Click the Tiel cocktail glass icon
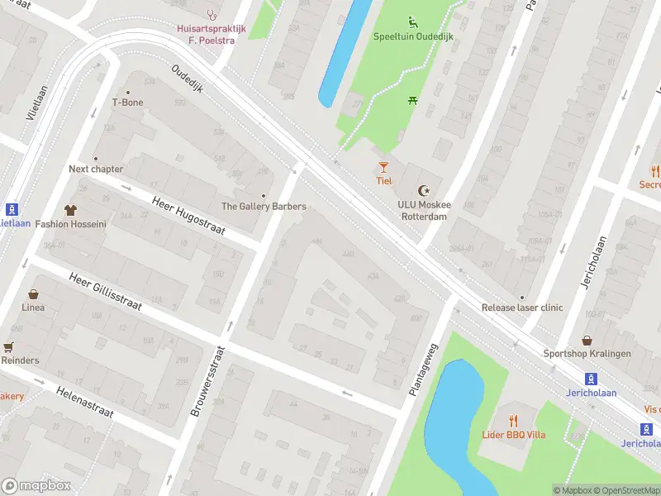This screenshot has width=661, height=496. coord(383,167)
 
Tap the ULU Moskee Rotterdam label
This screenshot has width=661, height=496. coord(422,211)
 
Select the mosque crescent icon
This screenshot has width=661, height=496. coord(425,190)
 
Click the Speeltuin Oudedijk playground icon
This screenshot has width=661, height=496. coord(412,21)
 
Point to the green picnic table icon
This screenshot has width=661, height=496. coord(412,100)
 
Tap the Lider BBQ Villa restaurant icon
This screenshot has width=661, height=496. coord(513,420)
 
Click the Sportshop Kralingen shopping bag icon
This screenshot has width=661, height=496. coord(587,340)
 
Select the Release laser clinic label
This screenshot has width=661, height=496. coord(522,308)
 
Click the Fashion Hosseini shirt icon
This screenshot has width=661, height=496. coord(69,210)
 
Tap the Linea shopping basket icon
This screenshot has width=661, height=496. coord(34,293)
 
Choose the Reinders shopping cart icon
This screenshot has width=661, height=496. coord(8,347)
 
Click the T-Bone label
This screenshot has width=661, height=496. coord(127,103)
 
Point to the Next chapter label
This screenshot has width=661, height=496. coord(96,169)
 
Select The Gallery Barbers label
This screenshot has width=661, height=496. coord(264,206)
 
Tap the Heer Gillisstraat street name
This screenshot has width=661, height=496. coord(106,292)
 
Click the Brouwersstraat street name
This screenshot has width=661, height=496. coord(207,381)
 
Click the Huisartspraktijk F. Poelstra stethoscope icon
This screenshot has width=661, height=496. coord(212,14)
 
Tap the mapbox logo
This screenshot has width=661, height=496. coord(36,486)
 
